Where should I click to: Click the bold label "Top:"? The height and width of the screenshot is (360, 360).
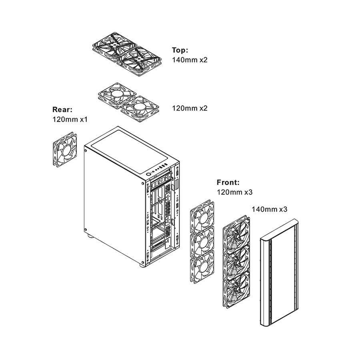point(180,50)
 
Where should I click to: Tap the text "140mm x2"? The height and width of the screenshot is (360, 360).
point(190,60)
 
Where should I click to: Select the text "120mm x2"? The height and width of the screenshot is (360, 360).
point(190,108)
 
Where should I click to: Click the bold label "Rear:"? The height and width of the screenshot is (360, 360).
point(62,110)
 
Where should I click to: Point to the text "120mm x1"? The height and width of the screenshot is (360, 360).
point(70,119)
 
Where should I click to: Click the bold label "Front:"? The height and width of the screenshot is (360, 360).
point(228,182)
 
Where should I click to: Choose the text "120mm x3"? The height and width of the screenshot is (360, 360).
point(235,192)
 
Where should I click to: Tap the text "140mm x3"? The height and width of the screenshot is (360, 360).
point(269,209)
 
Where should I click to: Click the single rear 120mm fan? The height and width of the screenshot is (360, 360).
point(65,149)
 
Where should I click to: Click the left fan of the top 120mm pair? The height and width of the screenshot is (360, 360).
point(117,95)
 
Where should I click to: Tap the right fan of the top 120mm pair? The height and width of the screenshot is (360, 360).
point(140,108)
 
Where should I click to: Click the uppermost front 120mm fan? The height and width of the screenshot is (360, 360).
point(202,216)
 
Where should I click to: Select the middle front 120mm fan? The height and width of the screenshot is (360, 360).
point(202,241)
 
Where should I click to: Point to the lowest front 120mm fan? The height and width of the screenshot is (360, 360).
point(202,266)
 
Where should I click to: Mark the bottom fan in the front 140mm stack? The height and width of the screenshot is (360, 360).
point(236,288)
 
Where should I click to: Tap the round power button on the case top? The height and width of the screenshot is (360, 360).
point(148,174)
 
